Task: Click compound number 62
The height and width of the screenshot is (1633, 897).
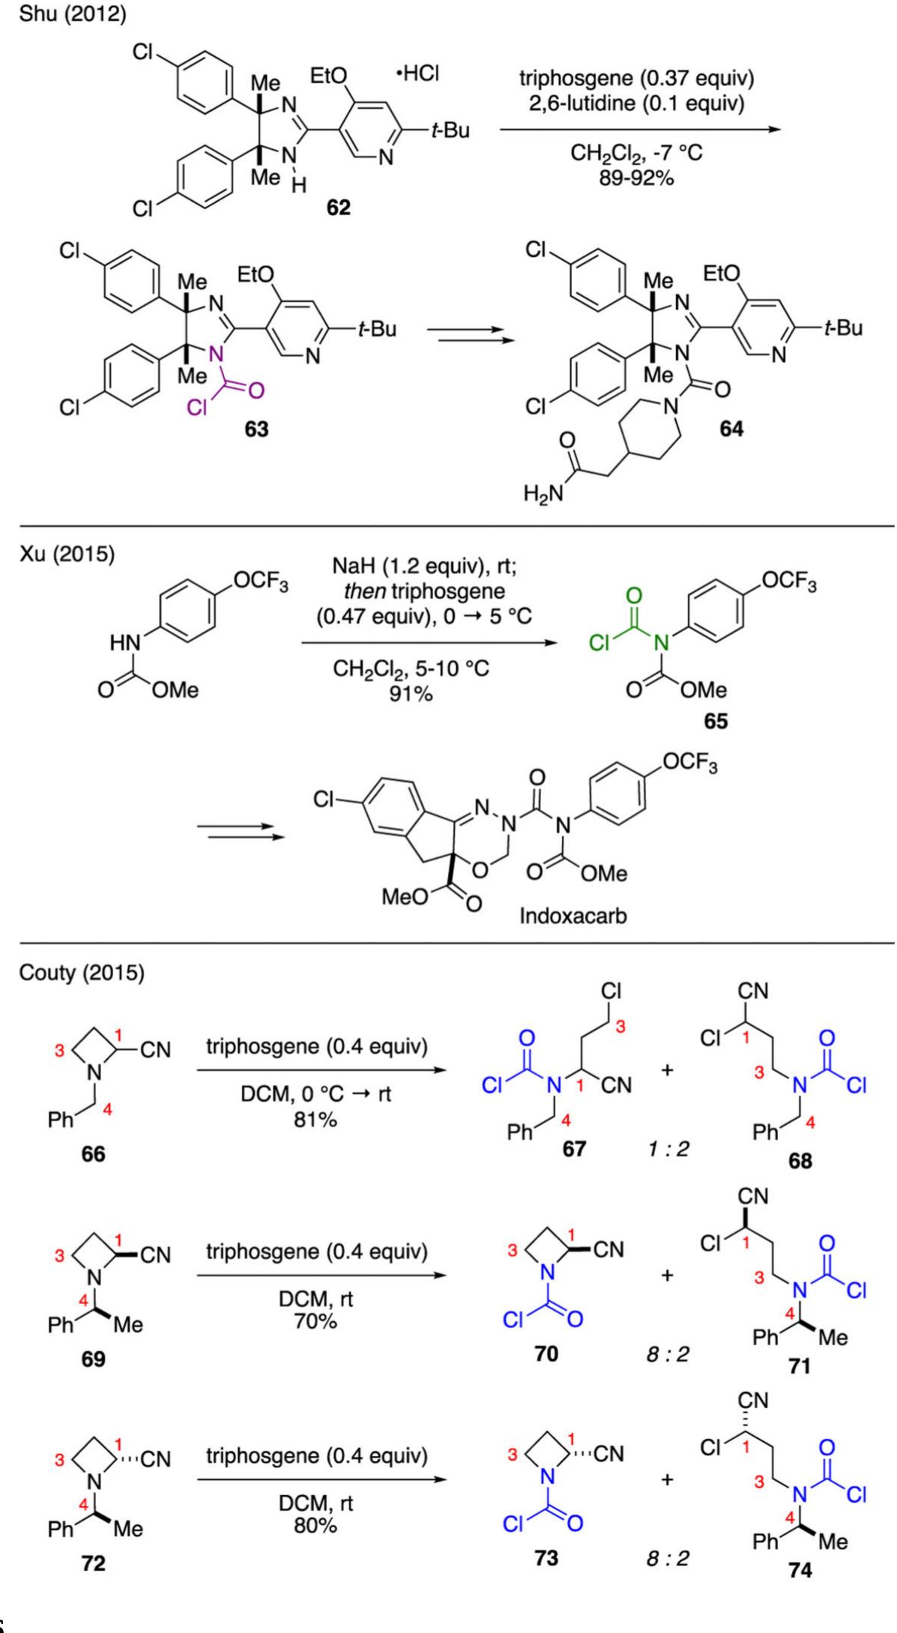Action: tap(337, 207)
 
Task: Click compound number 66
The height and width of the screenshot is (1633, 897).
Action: tap(94, 1154)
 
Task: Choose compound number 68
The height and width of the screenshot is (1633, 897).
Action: tap(800, 1162)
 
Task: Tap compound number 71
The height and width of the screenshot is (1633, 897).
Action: tap(800, 1366)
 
